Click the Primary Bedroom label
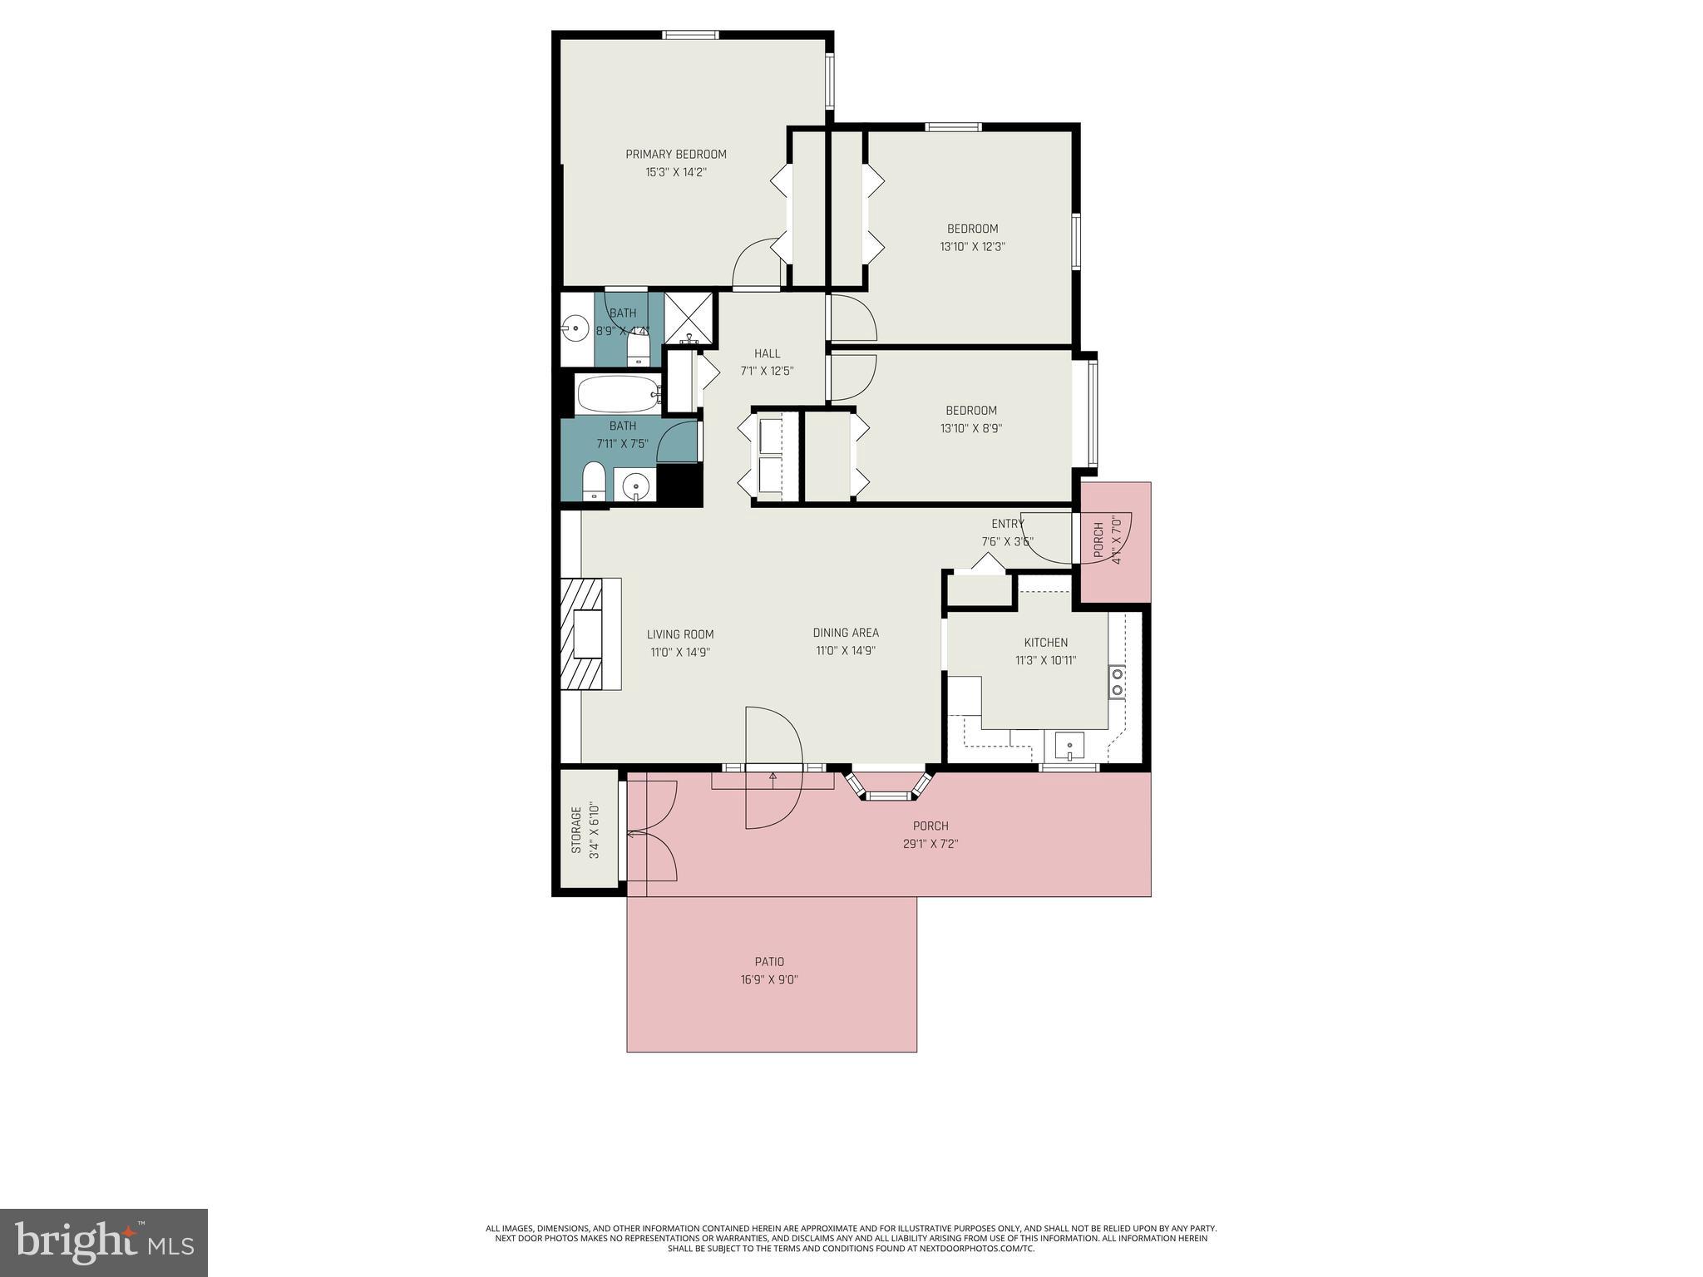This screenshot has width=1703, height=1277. [x=675, y=154]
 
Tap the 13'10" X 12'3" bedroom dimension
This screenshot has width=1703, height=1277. [x=972, y=247]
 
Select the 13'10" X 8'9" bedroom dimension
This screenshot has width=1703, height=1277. [x=970, y=429]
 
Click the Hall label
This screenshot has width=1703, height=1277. [x=767, y=353]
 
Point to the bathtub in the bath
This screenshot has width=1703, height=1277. [x=617, y=394]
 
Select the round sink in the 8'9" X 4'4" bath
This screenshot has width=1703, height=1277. [x=574, y=328]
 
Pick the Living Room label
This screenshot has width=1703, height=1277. [x=680, y=634]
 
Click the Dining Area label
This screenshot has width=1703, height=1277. [x=846, y=633]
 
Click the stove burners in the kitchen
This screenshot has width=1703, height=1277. [x=1118, y=682]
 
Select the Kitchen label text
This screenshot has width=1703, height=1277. [x=1045, y=643]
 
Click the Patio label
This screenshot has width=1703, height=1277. [x=769, y=962]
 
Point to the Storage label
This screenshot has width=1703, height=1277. [x=575, y=830]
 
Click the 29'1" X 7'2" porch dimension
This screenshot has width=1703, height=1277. [x=930, y=844]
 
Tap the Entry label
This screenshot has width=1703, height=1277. [x=1007, y=524]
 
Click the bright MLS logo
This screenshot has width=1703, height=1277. [x=104, y=1243]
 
